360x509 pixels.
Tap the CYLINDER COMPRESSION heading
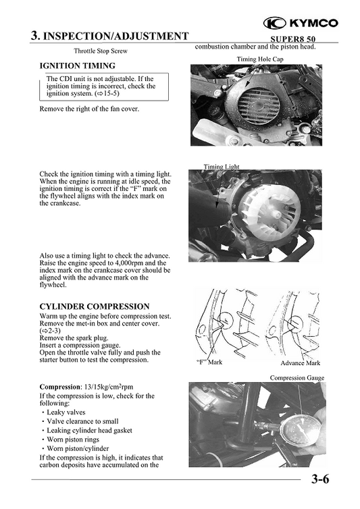pyautogui.click(x=95, y=306)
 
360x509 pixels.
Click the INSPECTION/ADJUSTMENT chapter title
pyautogui.click(x=109, y=36)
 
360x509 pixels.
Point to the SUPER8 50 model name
pyautogui.click(x=288, y=39)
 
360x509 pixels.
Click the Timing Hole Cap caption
pyautogui.click(x=260, y=59)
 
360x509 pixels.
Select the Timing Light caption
pyautogui.click(x=222, y=166)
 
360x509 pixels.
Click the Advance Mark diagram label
pyautogui.click(x=301, y=363)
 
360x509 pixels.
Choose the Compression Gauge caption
pyautogui.click(x=297, y=377)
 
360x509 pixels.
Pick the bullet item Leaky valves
pyautogui.click(x=70, y=412)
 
